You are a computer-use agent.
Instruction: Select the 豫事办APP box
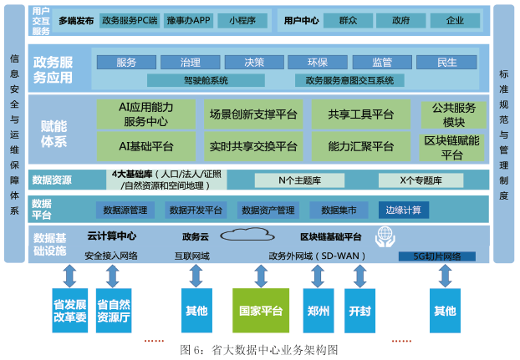point(189,19)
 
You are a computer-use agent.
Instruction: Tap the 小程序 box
point(242,19)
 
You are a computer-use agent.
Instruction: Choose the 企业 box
point(455,19)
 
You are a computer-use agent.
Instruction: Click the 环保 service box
point(319,63)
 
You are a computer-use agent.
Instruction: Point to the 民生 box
point(446,63)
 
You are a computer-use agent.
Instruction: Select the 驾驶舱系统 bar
point(194,81)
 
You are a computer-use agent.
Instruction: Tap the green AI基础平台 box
point(146,146)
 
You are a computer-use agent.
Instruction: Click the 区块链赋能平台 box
point(452,147)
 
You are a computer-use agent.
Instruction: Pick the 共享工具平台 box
point(361,114)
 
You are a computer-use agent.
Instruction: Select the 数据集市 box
point(334,210)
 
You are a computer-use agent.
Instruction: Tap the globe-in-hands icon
point(385,236)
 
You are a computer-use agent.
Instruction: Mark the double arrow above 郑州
point(318,276)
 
